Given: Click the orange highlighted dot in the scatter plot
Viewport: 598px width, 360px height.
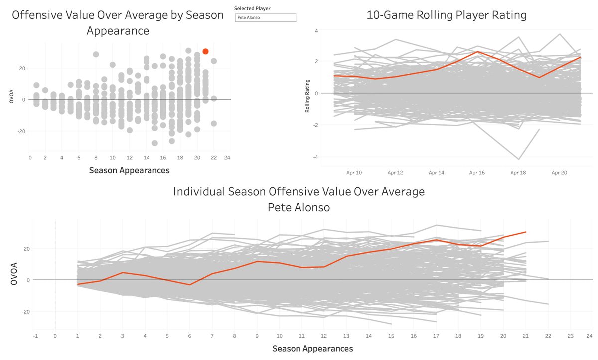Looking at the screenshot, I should click(205, 51).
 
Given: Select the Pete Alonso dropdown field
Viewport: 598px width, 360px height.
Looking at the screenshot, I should click(266, 18).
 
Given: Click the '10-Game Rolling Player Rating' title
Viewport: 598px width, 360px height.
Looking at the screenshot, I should click(446, 15).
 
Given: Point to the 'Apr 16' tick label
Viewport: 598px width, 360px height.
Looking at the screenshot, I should click(476, 172).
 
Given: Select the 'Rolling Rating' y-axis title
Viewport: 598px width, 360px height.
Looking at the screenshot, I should click(308, 93).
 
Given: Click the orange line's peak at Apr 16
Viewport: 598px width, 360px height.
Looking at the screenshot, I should click(477, 51).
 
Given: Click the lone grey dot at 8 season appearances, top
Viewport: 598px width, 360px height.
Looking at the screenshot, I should click(96, 54).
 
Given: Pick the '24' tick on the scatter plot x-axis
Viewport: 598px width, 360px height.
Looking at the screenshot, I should click(227, 158).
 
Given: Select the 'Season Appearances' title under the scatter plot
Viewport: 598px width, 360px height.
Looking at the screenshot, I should click(129, 170).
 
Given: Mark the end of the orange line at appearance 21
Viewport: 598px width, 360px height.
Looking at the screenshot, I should click(526, 232).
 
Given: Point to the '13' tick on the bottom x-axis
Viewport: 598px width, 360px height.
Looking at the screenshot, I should click(347, 335).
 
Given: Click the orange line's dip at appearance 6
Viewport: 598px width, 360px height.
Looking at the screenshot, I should click(190, 285).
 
